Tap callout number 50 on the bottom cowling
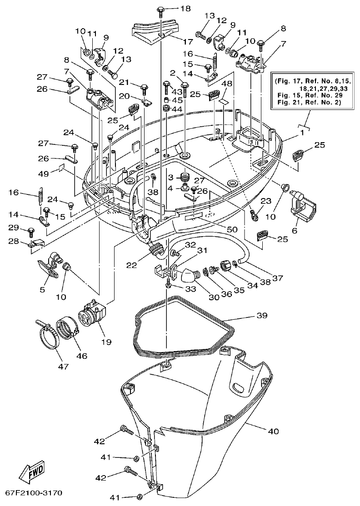tap(232, 229)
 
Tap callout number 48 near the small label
tap(226, 84)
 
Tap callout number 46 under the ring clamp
tap(82, 356)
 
